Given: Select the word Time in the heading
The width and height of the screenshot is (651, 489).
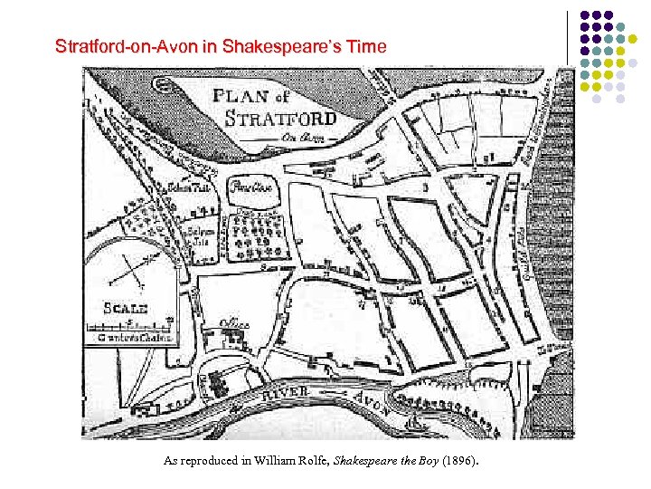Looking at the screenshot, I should (366, 45).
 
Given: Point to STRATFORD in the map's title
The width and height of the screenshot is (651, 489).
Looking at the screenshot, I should (280, 119).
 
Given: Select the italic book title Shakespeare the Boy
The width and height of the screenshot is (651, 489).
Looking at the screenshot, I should (387, 461).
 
